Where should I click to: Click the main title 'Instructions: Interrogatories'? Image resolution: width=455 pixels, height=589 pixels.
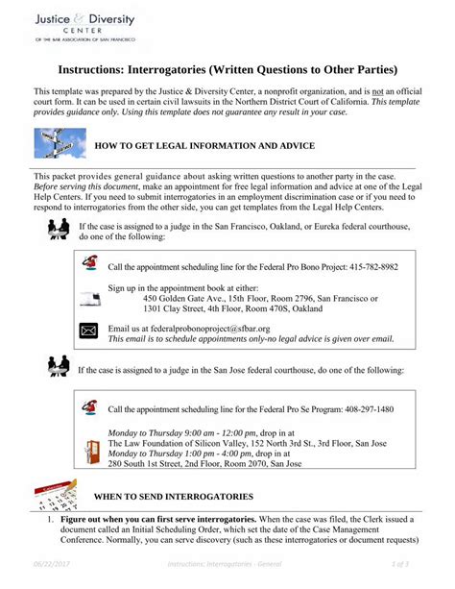coord(227,71)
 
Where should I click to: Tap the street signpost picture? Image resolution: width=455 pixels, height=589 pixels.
coord(59,143)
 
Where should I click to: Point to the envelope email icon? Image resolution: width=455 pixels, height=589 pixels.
coord(89,331)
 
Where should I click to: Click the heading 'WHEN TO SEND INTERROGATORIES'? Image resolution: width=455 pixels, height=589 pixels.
coord(174,496)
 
